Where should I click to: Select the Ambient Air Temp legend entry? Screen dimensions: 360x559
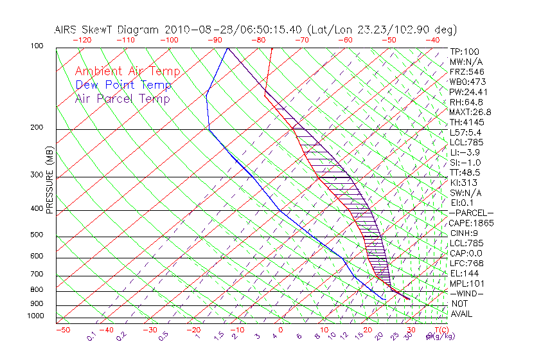coord(127,71)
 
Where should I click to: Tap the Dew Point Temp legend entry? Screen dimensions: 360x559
coord(123,85)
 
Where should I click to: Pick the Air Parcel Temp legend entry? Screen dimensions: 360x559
coord(122,98)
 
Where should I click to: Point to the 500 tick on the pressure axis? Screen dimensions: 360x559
coord(37,235)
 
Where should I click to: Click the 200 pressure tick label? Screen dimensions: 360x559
coord(37,128)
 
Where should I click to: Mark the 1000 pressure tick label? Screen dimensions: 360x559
coord(35,316)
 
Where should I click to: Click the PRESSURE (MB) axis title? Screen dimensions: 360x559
coord(49,181)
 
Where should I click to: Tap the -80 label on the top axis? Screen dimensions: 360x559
coord(258,39)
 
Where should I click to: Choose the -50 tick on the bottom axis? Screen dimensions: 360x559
coord(62,330)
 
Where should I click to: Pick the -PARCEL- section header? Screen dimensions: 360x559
coord(471,213)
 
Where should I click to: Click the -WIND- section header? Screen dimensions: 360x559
coord(466,293)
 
